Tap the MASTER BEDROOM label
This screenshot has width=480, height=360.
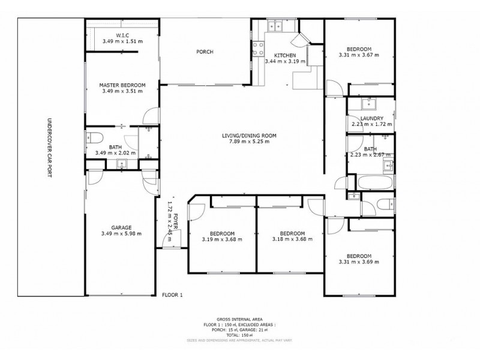(122, 85)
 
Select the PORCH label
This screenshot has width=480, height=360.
(205, 52)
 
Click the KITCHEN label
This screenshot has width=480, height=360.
(285, 55)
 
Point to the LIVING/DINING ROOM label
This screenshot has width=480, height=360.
(248, 136)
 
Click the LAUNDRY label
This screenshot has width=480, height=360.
(372, 118)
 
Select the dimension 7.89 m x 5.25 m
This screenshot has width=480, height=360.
(248, 143)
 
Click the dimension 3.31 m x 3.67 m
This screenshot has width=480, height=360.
(359, 56)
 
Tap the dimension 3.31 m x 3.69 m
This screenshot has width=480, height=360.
(359, 262)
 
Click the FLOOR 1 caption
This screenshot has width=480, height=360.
(172, 295)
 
